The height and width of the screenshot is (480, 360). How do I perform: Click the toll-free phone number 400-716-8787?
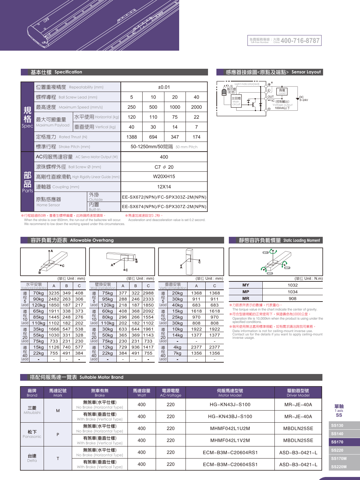(300, 41)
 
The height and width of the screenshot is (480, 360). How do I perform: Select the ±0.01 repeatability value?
(164, 87)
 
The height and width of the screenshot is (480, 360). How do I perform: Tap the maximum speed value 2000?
(196, 107)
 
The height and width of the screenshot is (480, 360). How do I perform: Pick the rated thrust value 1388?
(132, 137)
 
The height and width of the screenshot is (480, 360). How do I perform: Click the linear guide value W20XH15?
(164, 176)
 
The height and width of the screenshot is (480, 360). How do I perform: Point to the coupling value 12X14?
(164, 187)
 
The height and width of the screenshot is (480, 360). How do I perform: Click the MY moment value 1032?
(293, 285)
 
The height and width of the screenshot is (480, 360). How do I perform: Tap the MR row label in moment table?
(246, 299)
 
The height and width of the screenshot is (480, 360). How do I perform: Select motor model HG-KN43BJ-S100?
(230, 417)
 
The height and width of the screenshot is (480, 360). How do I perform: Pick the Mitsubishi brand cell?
(32, 410)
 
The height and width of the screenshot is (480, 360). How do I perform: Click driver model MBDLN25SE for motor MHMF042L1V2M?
(298, 440)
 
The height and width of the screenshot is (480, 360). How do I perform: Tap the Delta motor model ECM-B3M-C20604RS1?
(230, 452)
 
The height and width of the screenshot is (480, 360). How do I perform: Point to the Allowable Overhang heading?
(72, 240)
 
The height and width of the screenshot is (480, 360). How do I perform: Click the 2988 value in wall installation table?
(148, 293)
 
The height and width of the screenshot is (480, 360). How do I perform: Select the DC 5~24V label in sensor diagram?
(303, 99)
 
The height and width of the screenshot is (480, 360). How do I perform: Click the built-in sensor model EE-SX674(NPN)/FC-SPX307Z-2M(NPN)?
(164, 207)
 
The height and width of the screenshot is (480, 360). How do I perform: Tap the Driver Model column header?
(298, 392)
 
